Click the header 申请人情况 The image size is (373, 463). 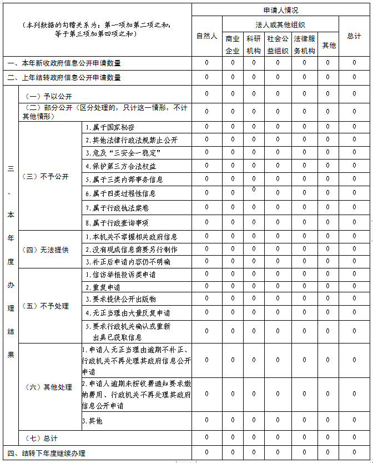pos(281,10)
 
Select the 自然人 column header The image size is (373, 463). pos(206,36)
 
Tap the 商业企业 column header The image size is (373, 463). pos(233,44)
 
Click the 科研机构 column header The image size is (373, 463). pos(254,44)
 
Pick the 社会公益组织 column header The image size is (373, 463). pos(278,44)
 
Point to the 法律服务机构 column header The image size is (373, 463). pos(304,44)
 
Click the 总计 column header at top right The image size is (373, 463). pos(354,36)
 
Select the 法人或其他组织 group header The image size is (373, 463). pos(280,24)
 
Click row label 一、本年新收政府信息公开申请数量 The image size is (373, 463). pos(64,63)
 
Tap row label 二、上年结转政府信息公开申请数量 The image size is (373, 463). pos(64,78)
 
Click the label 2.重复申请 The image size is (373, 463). pos(103,288)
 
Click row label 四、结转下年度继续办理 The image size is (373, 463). pos(47,454)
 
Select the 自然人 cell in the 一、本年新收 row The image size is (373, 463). pos(206,63)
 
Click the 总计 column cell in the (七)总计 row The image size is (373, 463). pos(354,437)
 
